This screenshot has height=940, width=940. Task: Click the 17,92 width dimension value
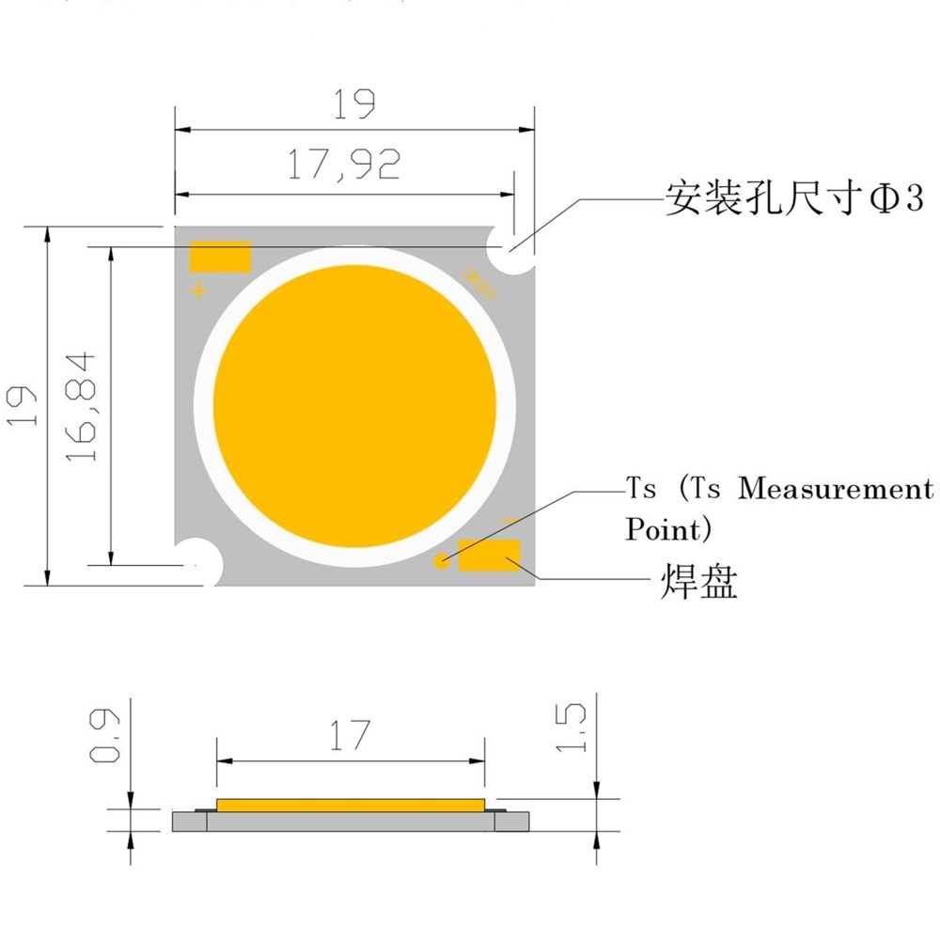click(x=344, y=164)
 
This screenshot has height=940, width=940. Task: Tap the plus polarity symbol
click(x=198, y=290)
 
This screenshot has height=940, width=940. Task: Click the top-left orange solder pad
click(x=220, y=257)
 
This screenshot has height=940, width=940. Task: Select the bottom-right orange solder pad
click(x=489, y=555)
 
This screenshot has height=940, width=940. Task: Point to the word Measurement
click(x=836, y=489)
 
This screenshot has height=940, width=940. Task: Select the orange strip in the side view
click(x=350, y=805)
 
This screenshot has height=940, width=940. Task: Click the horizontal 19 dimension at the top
click(x=353, y=104)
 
